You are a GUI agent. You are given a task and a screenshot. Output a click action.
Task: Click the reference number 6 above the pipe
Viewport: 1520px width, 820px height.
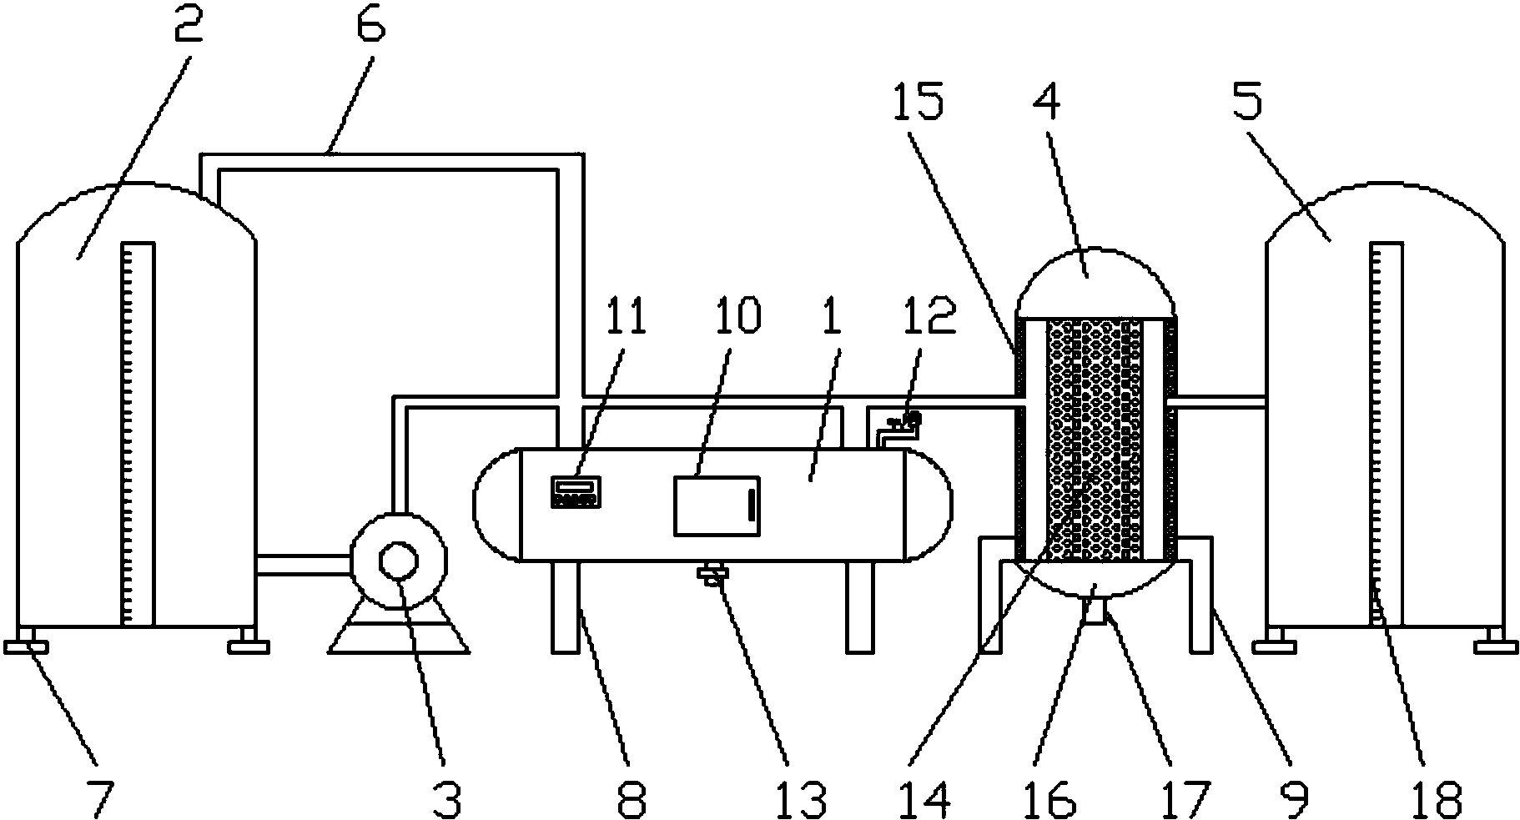tap(370, 27)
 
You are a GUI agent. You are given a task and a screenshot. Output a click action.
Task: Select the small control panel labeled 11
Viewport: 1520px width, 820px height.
tap(575, 490)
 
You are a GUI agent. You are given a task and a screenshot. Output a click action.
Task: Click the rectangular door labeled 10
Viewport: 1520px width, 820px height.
tap(717, 506)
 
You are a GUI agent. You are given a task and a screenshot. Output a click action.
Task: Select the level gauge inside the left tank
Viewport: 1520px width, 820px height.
tap(138, 434)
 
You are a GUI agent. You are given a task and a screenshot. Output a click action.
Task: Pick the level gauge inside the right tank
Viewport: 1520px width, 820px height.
tap(1386, 434)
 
